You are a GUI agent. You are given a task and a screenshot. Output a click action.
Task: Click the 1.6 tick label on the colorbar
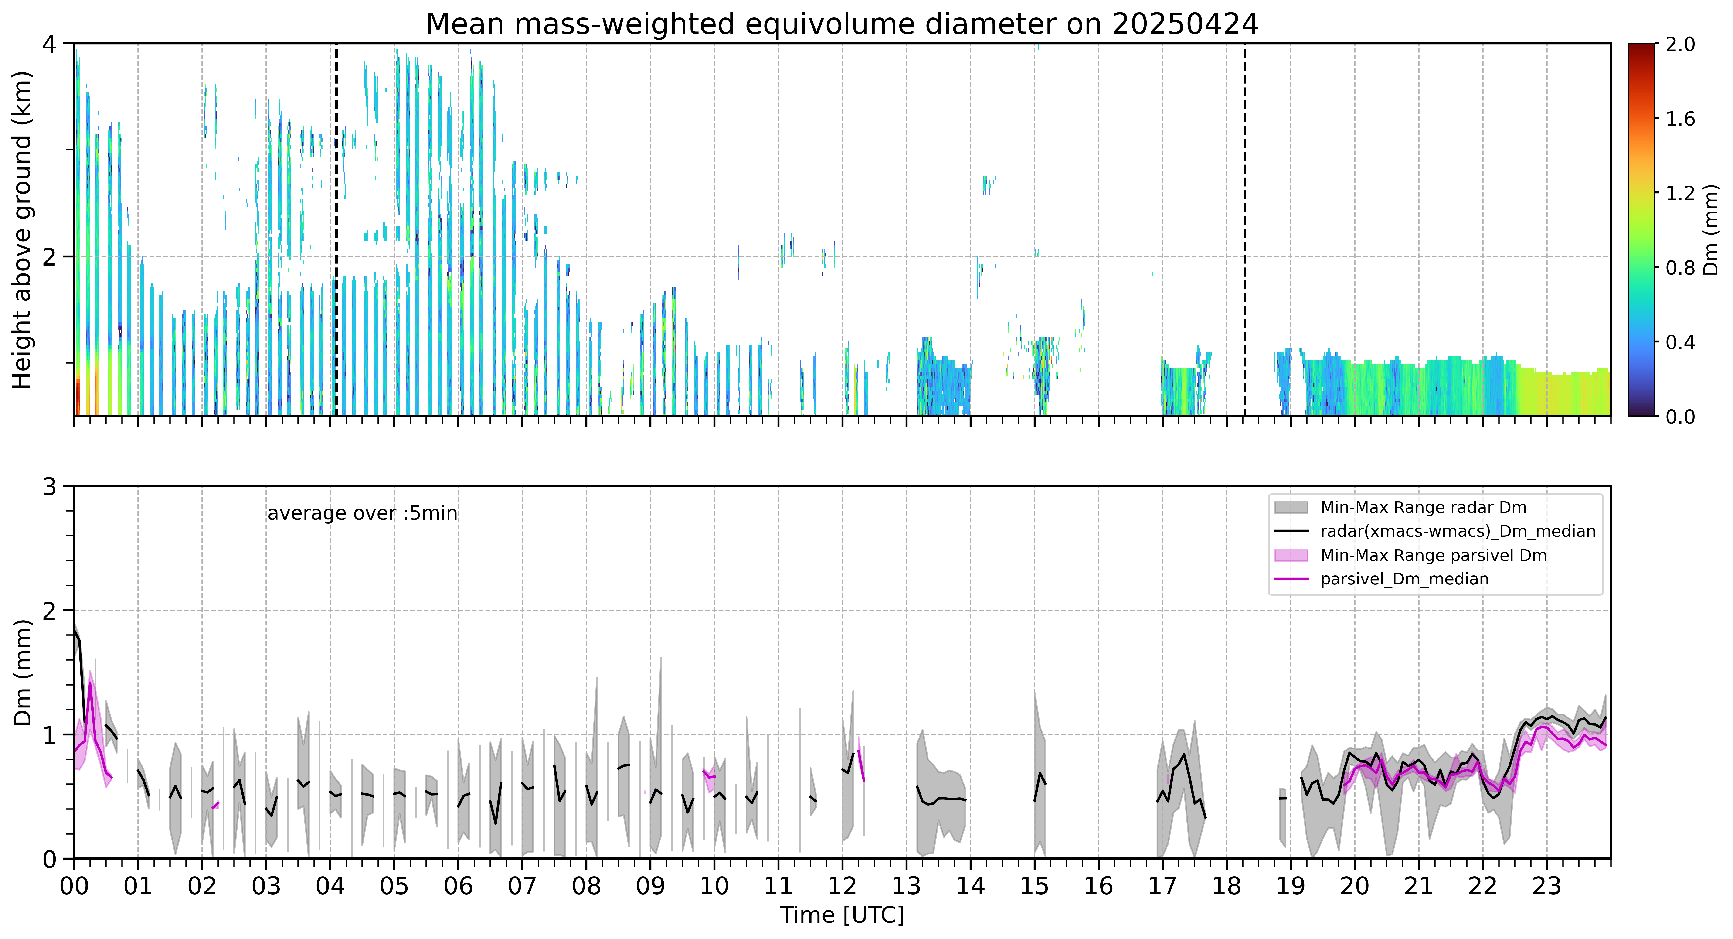[x=1680, y=119]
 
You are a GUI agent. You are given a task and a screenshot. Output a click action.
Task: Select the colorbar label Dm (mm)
[x=1711, y=229]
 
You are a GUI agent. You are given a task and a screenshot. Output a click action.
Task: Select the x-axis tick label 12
[x=842, y=886]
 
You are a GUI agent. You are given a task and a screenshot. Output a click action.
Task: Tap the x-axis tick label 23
[x=1546, y=886]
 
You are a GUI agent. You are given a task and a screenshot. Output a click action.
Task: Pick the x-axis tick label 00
[x=74, y=886]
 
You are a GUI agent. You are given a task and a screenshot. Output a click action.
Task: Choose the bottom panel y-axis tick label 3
[x=50, y=486]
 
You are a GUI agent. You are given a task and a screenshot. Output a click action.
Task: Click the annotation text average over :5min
[x=362, y=514]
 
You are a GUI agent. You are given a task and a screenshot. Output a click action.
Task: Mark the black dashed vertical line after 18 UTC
[x=1245, y=229]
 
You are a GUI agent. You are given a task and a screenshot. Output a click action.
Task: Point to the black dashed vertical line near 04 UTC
[x=336, y=229]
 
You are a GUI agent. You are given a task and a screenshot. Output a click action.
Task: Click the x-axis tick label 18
[x=1227, y=886]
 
